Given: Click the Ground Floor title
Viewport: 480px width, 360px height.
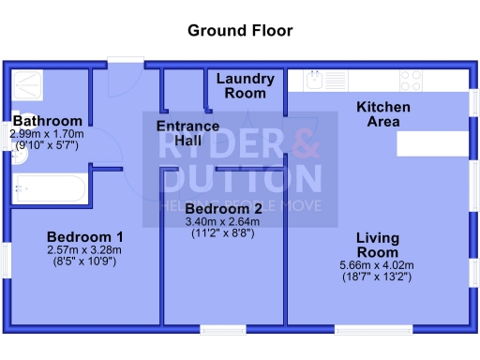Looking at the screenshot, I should (x=240, y=31).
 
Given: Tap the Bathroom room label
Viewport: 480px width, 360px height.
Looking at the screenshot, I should (x=47, y=121).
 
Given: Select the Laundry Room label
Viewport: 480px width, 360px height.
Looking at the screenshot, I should (x=246, y=86).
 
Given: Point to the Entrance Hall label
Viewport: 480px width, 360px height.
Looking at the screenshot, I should (x=187, y=133).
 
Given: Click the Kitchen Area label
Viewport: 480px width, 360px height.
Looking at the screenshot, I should (x=382, y=114).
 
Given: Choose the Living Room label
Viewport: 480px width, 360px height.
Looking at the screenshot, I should (x=378, y=246).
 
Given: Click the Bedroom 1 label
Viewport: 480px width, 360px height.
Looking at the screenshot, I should (x=85, y=236).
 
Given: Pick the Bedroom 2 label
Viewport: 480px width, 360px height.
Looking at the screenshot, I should (x=223, y=208).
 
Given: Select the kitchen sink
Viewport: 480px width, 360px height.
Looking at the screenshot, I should (x=319, y=81).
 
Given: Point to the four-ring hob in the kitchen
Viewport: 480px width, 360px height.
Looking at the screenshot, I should (x=411, y=81).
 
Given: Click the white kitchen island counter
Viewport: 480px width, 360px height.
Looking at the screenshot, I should (x=431, y=143).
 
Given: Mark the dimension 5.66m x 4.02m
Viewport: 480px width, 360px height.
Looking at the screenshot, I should (x=378, y=266).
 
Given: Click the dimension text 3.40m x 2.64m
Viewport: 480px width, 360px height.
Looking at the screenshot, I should (x=223, y=222).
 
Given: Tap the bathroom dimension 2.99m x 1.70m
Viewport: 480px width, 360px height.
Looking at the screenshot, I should (x=47, y=134).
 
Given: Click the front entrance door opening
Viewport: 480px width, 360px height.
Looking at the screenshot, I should (x=125, y=65).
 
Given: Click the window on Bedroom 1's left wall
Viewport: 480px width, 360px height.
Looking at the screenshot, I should (x=7, y=260).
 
